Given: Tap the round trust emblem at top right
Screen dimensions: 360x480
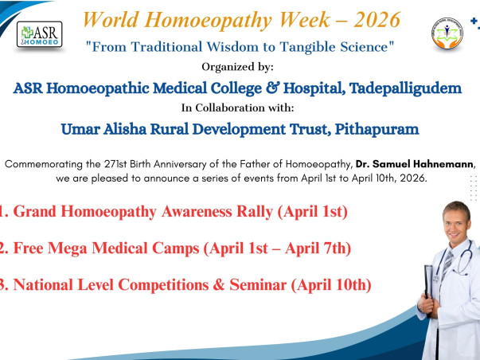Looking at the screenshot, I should coord(450,37).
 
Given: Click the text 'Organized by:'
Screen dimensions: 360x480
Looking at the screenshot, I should coord(240,67).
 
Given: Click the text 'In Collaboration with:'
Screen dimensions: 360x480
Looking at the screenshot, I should coord(240,107).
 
